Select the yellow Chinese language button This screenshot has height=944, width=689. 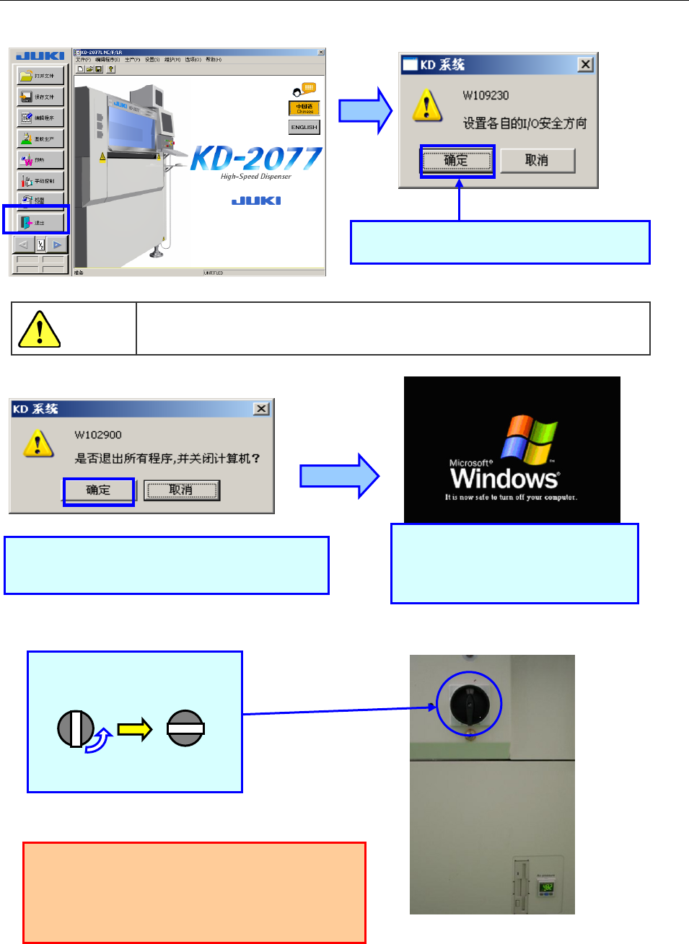coord(304,108)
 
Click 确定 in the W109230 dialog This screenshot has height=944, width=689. coord(456,161)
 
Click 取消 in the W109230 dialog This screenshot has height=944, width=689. coord(537,161)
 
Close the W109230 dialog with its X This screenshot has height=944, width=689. coord(585,64)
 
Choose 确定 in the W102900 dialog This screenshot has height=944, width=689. coord(99,490)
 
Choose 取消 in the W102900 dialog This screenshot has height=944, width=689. coord(181,490)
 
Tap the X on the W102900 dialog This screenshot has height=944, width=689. coord(261,408)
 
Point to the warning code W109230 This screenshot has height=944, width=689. coord(486,95)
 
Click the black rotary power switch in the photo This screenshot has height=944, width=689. coord(469,704)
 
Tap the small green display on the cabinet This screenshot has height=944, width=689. coord(547,886)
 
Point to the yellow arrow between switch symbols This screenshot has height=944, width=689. coord(135,729)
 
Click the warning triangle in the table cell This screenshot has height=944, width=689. coord(39,330)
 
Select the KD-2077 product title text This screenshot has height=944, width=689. coord(257,159)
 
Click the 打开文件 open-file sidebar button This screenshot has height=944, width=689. coord(41,76)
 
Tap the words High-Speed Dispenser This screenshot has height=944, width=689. coord(256,177)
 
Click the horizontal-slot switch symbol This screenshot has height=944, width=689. coord(185,729)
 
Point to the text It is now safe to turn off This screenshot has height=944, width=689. coord(511,498)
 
